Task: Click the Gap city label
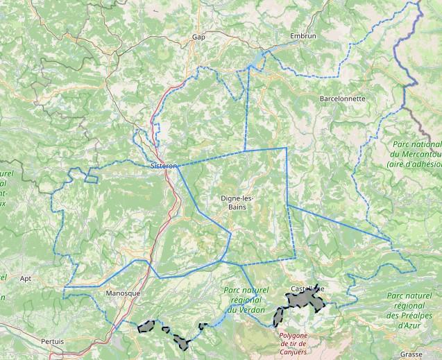click(199, 37)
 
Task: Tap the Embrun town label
click(304, 35)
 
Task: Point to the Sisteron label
click(164, 166)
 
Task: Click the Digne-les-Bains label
click(237, 202)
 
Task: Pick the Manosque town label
click(123, 293)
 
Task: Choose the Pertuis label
click(52, 341)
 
